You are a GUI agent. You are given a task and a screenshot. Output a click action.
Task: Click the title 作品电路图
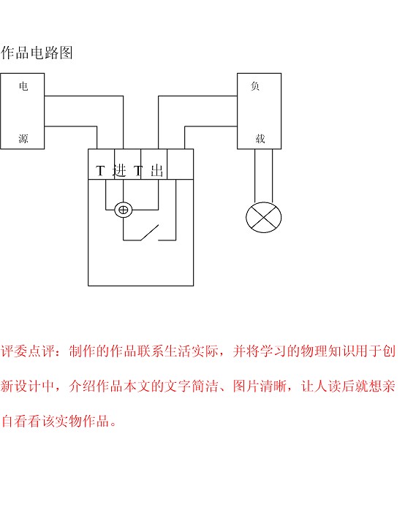pyautogui.click(x=37, y=53)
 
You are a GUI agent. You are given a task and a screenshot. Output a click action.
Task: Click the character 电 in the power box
pyautogui.click(x=23, y=86)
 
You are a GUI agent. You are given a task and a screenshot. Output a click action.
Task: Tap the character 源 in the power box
pyautogui.click(x=23, y=138)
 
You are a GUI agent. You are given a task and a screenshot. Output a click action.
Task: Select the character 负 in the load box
pyautogui.click(x=255, y=86)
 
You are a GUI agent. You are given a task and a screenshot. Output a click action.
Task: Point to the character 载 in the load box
pyautogui.click(x=260, y=138)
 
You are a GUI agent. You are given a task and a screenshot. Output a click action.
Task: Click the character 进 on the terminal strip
pyautogui.click(x=120, y=171)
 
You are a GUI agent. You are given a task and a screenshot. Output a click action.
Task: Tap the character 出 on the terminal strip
pyautogui.click(x=157, y=171)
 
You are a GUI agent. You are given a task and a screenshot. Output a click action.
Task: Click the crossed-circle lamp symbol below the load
pyautogui.click(x=264, y=218)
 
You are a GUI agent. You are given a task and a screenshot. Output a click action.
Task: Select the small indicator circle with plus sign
pyautogui.click(x=124, y=210)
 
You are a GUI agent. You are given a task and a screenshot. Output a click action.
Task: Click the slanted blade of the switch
pyautogui.click(x=149, y=232)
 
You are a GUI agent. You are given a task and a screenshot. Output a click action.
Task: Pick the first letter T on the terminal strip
pyautogui.click(x=100, y=171)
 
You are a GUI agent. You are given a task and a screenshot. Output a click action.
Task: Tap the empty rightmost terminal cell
pyautogui.click(x=180, y=164)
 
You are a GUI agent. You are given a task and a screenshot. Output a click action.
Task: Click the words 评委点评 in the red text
pyautogui.click(x=28, y=351)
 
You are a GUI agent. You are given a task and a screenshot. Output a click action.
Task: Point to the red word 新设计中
pyautogui.click(x=28, y=386)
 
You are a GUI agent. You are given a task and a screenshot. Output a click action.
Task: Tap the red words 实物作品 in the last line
pyautogui.click(x=82, y=421)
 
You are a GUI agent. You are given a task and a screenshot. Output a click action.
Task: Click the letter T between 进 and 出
pyautogui.click(x=138, y=171)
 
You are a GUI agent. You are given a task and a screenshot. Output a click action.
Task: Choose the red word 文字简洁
pyautogui.click(x=192, y=386)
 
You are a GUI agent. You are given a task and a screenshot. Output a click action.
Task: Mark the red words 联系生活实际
pyautogui.click(x=178, y=351)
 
